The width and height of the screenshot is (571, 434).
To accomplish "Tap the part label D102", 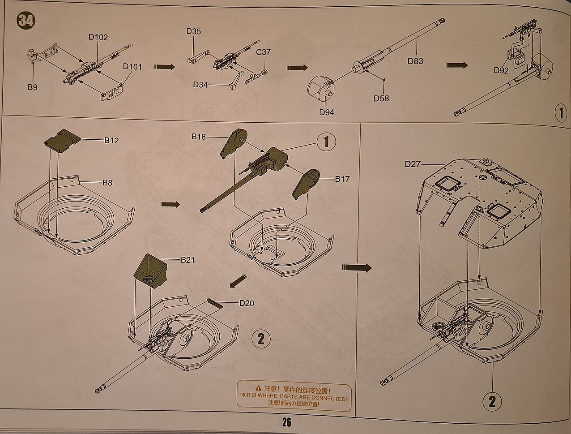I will (x=98, y=37).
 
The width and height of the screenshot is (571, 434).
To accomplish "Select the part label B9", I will (x=32, y=87).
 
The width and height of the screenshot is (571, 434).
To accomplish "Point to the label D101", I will (x=132, y=67).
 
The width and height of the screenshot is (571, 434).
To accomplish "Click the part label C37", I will (x=263, y=52).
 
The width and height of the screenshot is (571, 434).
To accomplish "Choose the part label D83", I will (x=415, y=61).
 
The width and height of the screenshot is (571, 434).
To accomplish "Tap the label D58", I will (x=381, y=99).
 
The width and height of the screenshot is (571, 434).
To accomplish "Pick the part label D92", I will (x=501, y=70).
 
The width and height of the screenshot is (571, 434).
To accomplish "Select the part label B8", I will (x=107, y=182).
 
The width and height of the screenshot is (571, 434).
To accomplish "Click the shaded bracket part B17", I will (x=306, y=184).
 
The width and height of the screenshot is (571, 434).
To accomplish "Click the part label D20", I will (x=247, y=303).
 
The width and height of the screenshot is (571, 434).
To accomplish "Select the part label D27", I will (x=413, y=164).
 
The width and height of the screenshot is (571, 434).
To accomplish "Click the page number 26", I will (x=286, y=422).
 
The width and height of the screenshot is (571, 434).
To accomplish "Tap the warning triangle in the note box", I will (x=258, y=388).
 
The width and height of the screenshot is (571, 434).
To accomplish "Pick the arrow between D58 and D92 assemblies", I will (x=457, y=66).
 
